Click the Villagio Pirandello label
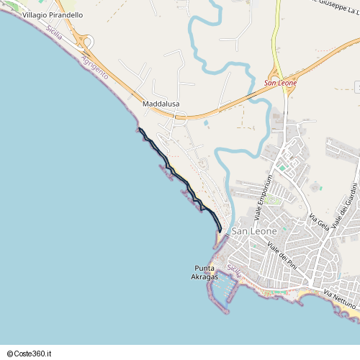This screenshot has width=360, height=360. [53, 14]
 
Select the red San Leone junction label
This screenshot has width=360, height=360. [280, 83]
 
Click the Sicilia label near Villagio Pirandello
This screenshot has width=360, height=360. [53, 33]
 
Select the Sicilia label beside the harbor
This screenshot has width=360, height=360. [233, 271]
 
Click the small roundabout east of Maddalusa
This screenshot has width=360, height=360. [181, 115]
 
